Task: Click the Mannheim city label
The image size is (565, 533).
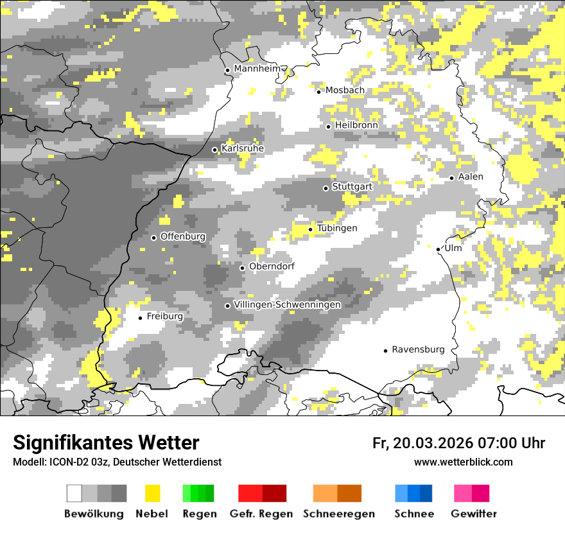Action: [257, 69]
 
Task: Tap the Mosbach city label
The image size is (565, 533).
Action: [345, 91]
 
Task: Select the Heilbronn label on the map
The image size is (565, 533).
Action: [356, 125]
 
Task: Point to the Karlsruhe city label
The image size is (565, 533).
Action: [243, 149]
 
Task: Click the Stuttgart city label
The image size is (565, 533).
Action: [352, 187]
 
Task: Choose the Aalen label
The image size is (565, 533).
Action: [471, 177]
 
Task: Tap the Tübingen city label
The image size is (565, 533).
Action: [337, 229]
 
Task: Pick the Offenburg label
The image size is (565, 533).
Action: [183, 236]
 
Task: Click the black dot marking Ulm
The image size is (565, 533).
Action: [438, 249]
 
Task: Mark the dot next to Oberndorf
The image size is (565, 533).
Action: [242, 268]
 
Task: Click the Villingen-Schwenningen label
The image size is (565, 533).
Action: [287, 304]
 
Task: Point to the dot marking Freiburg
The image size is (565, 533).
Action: [140, 318]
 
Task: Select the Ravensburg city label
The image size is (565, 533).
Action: [418, 350]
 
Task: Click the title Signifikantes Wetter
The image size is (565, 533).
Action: [106, 443]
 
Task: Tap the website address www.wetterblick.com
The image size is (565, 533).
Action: [463, 462]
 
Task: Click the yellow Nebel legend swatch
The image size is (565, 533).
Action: [152, 493]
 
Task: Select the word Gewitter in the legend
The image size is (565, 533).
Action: [474, 514]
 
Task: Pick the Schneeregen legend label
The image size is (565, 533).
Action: [339, 514]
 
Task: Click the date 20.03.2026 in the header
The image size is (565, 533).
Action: [432, 443]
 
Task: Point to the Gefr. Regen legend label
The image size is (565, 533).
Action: [261, 514]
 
